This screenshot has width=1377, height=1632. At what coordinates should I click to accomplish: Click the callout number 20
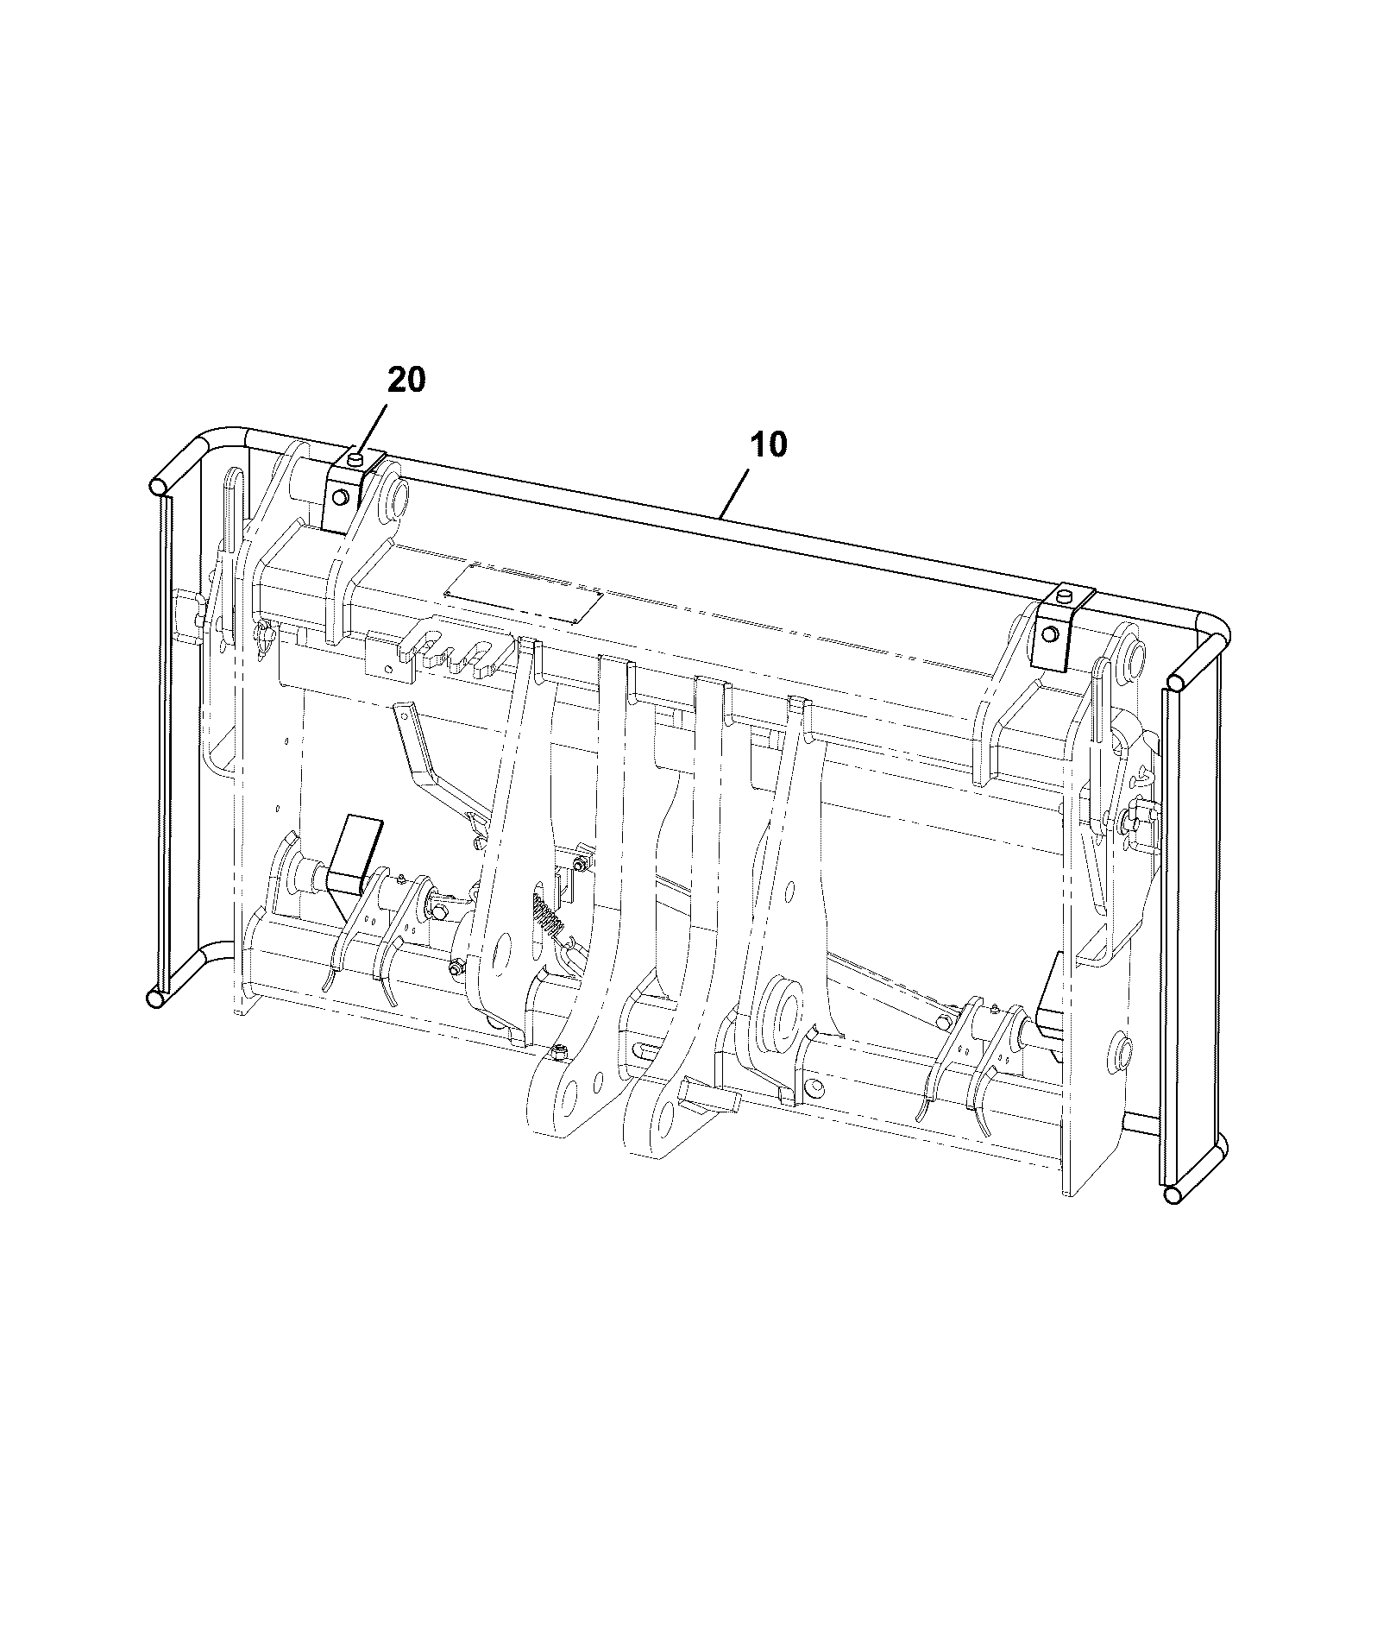(406, 380)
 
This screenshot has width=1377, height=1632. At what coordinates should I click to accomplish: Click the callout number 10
(768, 445)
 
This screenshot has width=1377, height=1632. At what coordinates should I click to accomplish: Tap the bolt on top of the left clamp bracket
(355, 459)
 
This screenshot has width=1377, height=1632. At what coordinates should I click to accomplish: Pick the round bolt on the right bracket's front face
(1049, 633)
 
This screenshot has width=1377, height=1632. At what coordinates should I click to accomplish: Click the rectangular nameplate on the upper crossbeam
(523, 594)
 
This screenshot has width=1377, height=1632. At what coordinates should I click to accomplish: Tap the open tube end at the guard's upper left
(159, 487)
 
